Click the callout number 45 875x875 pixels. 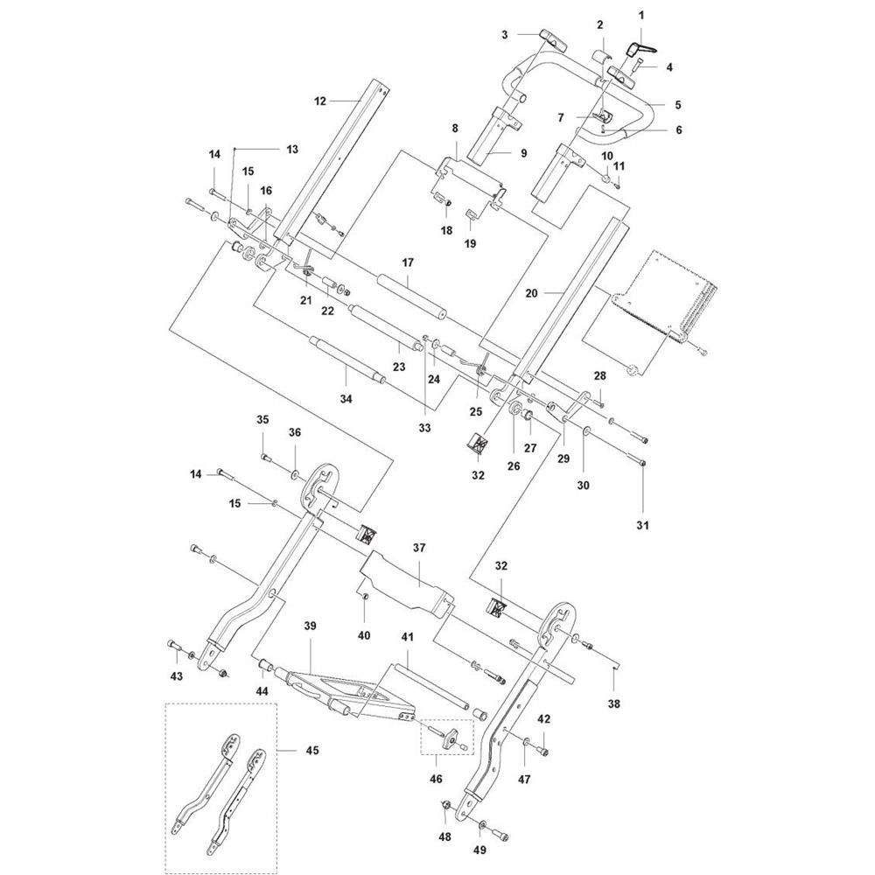tap(312, 751)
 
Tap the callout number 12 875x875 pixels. tap(319, 101)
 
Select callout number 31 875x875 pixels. tap(643, 525)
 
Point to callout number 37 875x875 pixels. tap(419, 548)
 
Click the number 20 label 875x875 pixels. tap(531, 292)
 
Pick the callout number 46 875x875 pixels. tap(436, 779)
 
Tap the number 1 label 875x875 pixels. tap(641, 15)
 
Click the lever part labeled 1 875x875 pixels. tap(641, 49)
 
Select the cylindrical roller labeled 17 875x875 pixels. tap(411, 296)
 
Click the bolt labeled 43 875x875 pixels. tap(175, 647)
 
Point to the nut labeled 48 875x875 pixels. tap(446, 805)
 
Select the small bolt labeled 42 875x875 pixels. tap(543, 750)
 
